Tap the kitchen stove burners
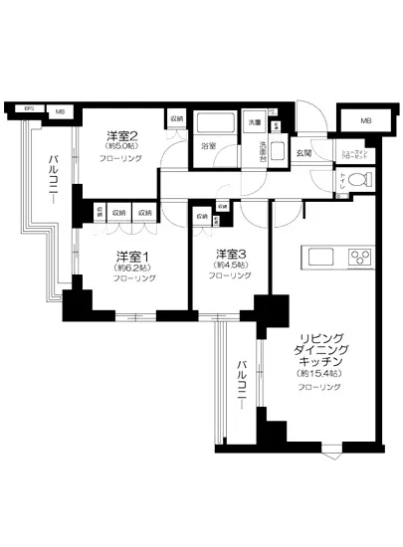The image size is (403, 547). tap(357, 257)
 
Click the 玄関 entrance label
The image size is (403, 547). tap(304, 153)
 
